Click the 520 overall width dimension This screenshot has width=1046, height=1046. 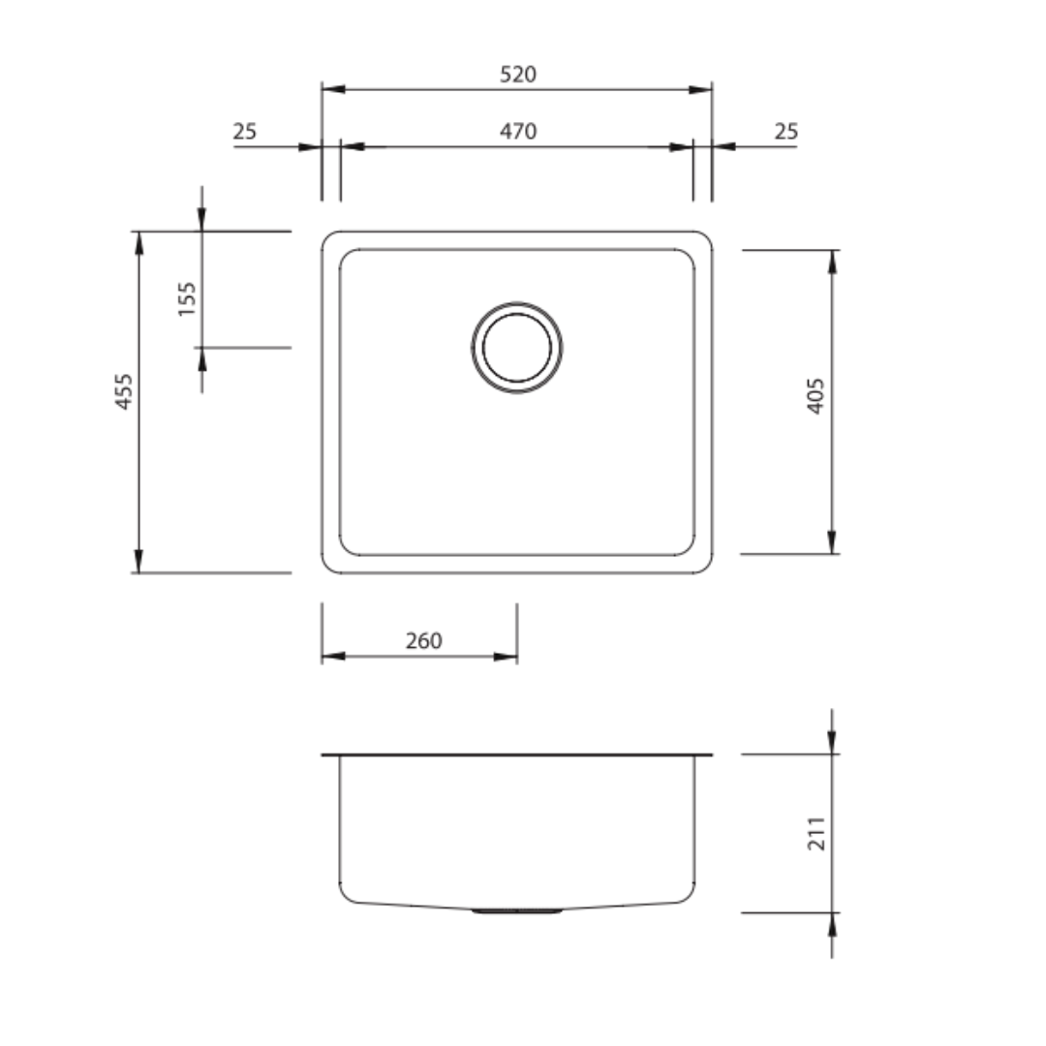[517, 75]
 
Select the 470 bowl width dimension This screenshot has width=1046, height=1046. [518, 131]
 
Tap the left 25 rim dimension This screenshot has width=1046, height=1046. [245, 131]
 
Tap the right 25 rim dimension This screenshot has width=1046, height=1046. [785, 131]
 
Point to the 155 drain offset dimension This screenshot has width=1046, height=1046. [187, 298]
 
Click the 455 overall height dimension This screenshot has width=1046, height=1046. [124, 391]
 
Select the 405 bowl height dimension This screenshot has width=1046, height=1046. [815, 395]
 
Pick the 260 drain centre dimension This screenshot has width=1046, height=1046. [423, 641]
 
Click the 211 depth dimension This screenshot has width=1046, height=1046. [817, 833]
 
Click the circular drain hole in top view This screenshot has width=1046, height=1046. [517, 347]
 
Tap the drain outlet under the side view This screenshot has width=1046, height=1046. [517, 911]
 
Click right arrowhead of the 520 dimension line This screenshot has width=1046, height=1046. [700, 89]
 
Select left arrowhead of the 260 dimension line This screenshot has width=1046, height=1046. [333, 657]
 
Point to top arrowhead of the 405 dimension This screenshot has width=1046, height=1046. [832, 261]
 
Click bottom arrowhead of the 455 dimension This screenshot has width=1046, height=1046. [138, 561]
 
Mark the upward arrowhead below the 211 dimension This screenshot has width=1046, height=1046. [832, 924]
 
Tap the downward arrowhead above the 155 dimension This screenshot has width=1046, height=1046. [201, 220]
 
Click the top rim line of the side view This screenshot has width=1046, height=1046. [517, 754]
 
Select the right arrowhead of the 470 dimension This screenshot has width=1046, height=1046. [682, 147]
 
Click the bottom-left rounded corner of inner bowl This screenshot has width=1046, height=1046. [346, 549]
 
